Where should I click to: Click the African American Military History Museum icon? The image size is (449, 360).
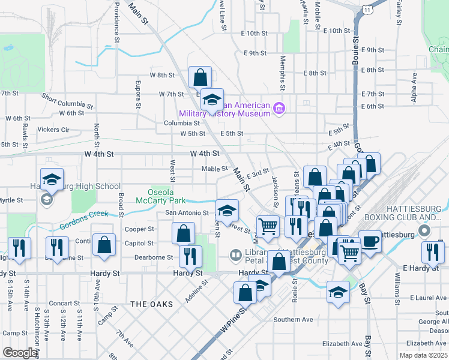pyautogui.click(x=279, y=109)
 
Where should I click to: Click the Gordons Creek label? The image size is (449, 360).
pyautogui.click(x=83, y=220)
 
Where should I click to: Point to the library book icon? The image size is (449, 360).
pyautogui.click(x=236, y=256)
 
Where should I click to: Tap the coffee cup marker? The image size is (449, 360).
pyautogui.click(x=370, y=241)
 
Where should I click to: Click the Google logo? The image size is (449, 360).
pyautogui.click(x=19, y=353)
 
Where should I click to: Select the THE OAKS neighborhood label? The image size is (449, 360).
pyautogui.click(x=151, y=304)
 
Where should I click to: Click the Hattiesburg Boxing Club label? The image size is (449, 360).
pyautogui.click(x=417, y=212)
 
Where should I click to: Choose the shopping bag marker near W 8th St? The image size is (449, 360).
pyautogui.click(x=200, y=77)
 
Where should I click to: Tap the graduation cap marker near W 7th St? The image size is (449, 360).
pyautogui.click(x=211, y=99)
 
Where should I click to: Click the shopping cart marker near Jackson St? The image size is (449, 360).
pyautogui.click(x=268, y=226)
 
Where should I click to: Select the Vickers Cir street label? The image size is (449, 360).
pyautogui.click(x=53, y=130)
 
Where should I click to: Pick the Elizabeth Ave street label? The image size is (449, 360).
pyautogui.click(x=343, y=344)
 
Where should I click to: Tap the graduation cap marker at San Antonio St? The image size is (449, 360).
pyautogui.click(x=227, y=210)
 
